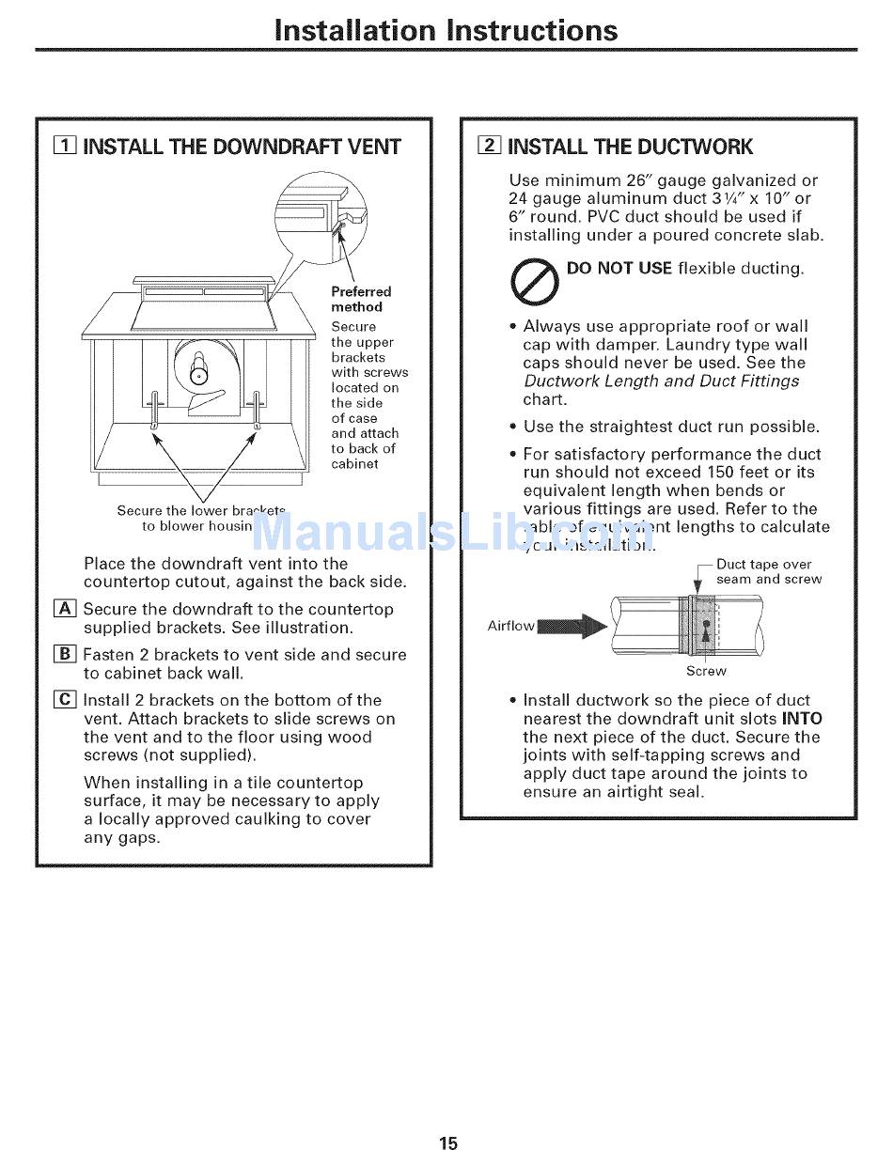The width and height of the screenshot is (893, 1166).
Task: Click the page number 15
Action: coord(447,1143)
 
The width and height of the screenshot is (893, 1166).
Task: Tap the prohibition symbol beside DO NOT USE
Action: coord(535,281)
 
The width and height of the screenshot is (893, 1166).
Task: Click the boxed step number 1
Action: coord(65,146)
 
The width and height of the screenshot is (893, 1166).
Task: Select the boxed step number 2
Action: coord(489,146)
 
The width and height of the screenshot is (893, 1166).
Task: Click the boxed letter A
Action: coord(65,609)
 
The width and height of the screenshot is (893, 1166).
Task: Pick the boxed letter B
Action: coord(65,655)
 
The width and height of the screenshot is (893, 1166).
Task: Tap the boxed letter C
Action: coord(65,700)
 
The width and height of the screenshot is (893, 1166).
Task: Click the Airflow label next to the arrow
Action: coord(510,626)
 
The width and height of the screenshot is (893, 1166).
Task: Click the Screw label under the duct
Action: coord(706,671)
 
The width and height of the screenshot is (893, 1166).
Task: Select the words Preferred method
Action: coord(360,300)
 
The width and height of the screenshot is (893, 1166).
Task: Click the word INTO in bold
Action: coord(802,719)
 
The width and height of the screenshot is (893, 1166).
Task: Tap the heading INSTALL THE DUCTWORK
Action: coord(630,147)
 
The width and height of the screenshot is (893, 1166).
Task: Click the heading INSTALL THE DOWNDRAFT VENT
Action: coord(242,147)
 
